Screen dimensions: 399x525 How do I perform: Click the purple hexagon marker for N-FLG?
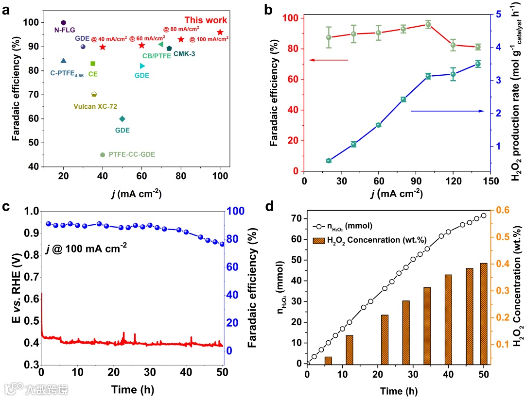pos(63,23)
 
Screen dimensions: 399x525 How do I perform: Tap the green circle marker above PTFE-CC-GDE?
pos(102,155)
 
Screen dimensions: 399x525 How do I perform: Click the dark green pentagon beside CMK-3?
pos(169,48)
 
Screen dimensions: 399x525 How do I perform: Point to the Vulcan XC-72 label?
pos(96,105)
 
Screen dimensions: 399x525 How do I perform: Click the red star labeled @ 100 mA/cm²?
pos(220,32)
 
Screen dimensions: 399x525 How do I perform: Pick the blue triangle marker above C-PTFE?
pos(63,61)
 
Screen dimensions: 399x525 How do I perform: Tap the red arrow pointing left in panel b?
pos(329,60)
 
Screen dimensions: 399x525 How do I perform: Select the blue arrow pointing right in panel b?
pos(447,111)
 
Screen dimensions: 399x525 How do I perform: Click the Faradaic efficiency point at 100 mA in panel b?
pos(428,24)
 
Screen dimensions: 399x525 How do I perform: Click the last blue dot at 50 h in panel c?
pos(222,244)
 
